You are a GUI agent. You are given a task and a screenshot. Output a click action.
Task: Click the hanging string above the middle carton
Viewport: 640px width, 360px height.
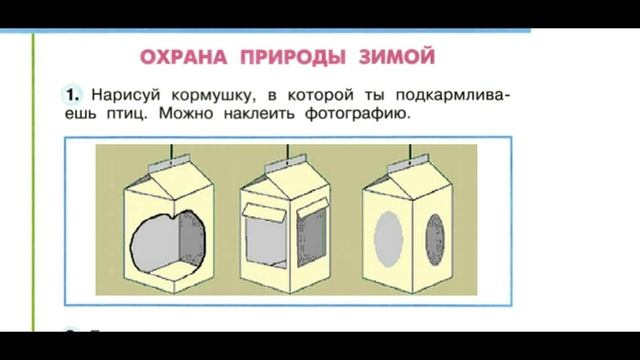291,150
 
